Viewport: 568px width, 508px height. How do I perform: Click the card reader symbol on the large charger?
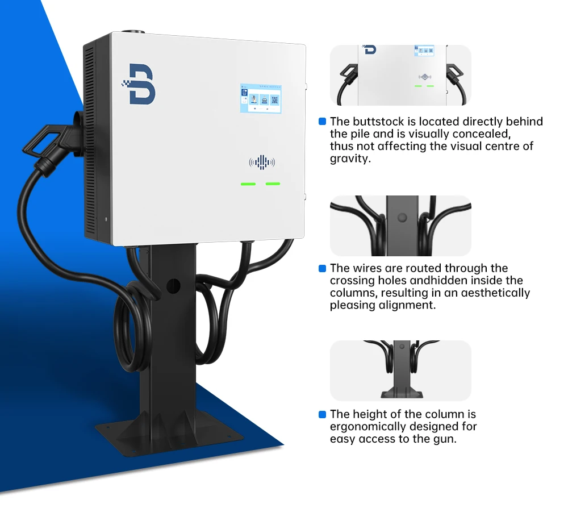coord(262,163)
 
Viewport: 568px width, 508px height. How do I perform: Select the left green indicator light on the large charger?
coord(248,184)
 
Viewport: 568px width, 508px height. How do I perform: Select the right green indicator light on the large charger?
coord(273,184)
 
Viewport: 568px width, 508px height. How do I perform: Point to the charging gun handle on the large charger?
coord(48,142)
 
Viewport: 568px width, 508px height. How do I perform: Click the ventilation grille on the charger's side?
coord(90,142)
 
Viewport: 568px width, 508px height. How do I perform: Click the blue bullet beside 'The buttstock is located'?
coord(322,122)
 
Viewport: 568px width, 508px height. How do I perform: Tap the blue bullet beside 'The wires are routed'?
coord(322,268)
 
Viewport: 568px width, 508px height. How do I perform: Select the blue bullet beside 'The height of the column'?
coord(322,414)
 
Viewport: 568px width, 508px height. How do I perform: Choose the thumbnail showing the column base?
coord(400,370)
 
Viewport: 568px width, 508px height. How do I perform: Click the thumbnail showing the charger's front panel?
coord(400,75)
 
